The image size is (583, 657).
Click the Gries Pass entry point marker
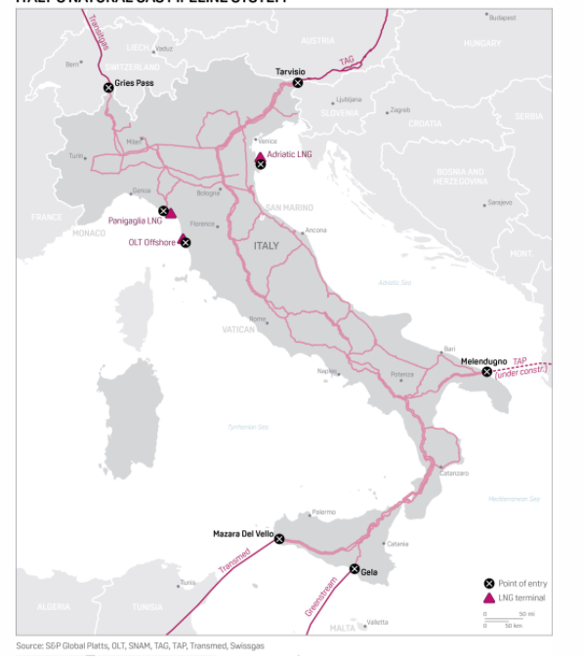(108, 88)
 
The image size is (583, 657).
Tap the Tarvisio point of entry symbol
(298, 83)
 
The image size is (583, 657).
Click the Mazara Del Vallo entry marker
(279, 538)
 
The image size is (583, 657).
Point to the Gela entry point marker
(354, 569)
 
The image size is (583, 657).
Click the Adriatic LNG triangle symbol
(260, 155)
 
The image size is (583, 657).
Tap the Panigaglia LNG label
(135, 222)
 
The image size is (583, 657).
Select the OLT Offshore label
(151, 242)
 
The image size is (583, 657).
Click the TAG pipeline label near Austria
(347, 61)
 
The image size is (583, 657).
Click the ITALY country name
(267, 246)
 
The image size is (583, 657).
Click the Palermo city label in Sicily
(323, 512)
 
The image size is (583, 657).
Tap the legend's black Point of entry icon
(488, 582)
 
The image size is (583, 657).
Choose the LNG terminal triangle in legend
(488, 597)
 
